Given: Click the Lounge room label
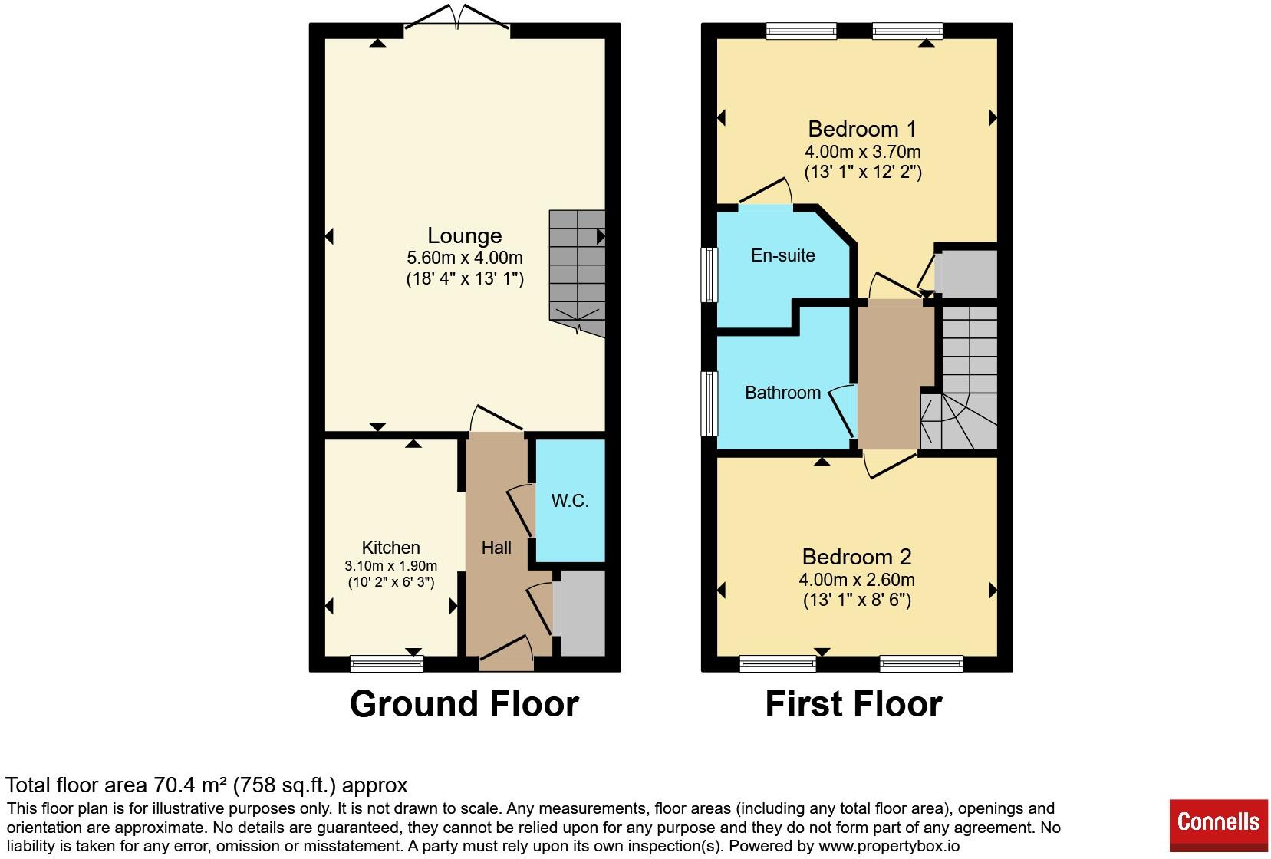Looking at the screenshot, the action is (x=464, y=235).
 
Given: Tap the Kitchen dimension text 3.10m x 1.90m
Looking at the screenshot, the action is (x=391, y=566).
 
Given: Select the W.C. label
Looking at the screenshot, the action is (x=570, y=500).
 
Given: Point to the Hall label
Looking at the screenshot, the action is (x=496, y=548).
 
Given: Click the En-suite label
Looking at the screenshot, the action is (x=783, y=255).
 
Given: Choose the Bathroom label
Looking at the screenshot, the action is (x=783, y=393).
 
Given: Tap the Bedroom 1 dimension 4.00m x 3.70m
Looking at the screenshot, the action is (x=862, y=152).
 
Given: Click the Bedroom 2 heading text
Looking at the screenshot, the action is (x=857, y=557).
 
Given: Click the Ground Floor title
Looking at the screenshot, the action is (x=464, y=704).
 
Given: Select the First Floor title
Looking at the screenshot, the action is (x=854, y=704).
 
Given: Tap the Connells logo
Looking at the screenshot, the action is (x=1218, y=825).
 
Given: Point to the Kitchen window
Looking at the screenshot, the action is (x=387, y=663).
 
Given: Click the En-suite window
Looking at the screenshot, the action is (x=710, y=275).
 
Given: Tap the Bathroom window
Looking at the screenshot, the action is (x=710, y=403).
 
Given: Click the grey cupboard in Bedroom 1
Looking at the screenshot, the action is (x=966, y=274).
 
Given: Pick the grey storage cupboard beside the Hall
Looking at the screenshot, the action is (x=579, y=613).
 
